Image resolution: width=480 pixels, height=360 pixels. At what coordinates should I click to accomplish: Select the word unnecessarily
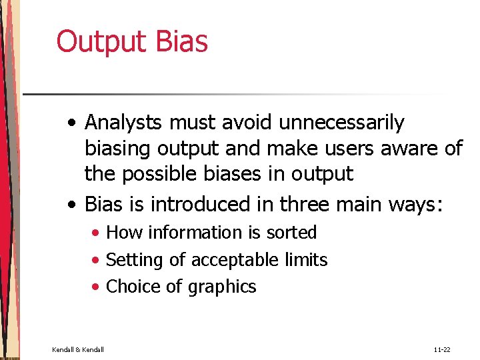341,123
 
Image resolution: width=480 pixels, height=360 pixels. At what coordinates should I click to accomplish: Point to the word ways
413,203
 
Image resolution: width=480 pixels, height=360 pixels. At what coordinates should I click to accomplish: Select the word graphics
222,287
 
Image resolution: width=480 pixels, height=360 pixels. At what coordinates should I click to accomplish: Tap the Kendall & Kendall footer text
78,349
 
